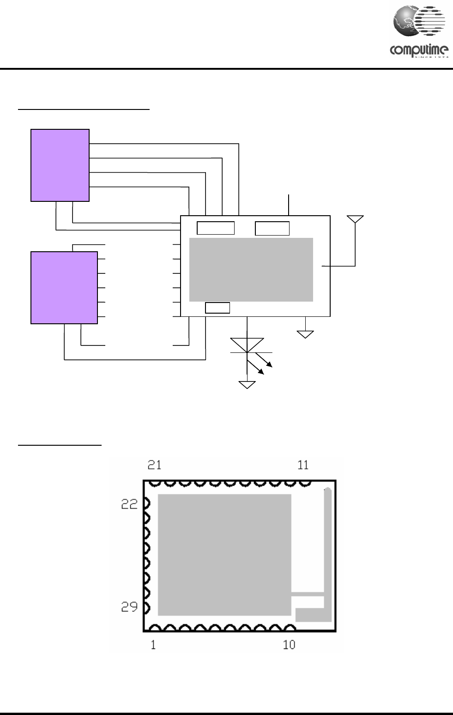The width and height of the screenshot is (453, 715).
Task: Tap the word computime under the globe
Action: coord(418,50)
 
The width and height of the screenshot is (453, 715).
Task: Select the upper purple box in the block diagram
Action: coord(60,165)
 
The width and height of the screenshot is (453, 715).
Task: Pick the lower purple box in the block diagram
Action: coord(64,287)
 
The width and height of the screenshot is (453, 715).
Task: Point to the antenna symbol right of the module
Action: coord(355,220)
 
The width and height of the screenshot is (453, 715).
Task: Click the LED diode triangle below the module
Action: coord(247,345)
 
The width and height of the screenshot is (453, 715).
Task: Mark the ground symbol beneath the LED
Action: coord(247,384)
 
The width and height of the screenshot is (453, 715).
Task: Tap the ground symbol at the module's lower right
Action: coord(305,334)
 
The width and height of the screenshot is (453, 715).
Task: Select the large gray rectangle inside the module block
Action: coord(251,269)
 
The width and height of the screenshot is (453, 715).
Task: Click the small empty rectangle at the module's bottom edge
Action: coord(217,308)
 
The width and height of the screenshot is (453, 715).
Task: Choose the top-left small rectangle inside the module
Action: coord(216,228)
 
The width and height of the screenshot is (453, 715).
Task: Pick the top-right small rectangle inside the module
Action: coord(272,228)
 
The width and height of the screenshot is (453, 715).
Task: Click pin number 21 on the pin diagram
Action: coord(155,465)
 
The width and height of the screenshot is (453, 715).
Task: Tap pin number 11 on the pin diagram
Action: coord(303,465)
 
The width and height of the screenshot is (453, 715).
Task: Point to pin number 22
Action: coord(129,504)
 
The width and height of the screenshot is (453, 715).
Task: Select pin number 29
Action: coord(129,607)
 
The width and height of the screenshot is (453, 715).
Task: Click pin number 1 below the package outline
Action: coord(153,645)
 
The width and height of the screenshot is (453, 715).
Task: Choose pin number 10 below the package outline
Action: coord(289,645)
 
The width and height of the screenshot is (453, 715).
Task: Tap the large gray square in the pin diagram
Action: coord(224,554)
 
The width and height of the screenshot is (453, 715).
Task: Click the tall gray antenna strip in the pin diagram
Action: coord(328,545)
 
